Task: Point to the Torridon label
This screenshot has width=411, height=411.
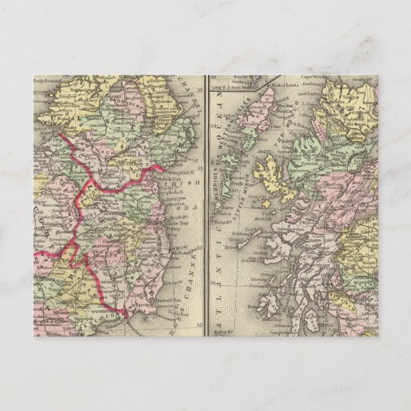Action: [x=308, y=163]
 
